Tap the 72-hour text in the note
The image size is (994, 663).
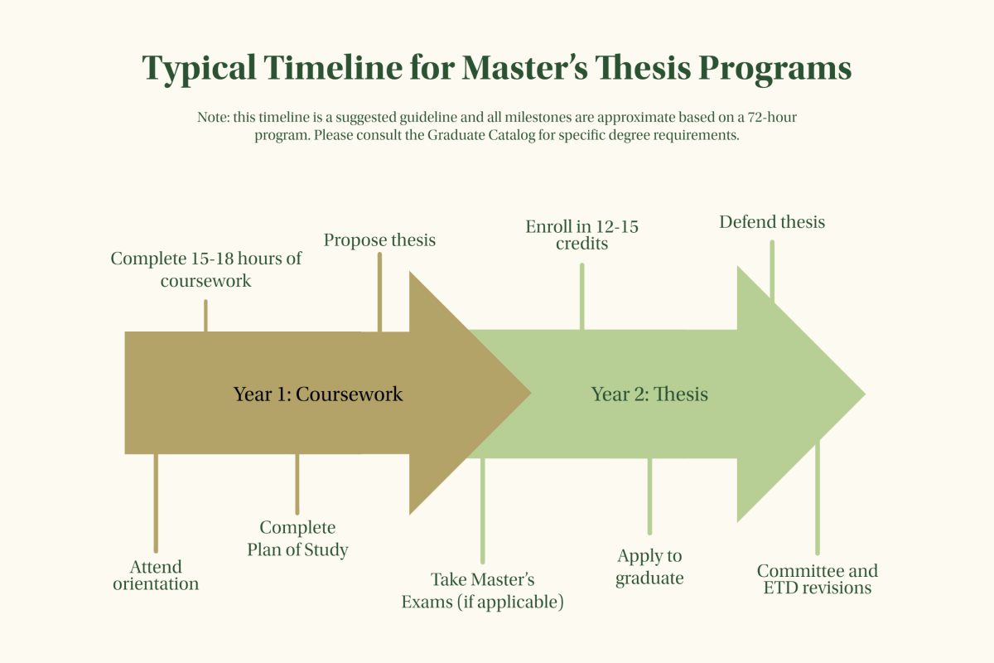pos(772,117)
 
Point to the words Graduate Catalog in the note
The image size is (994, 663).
pos(481,135)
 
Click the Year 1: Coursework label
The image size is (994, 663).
pos(318,394)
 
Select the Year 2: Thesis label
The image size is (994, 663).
pos(649,394)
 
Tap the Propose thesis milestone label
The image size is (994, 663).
pos(379,240)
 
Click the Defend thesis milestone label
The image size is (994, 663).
pos(772,221)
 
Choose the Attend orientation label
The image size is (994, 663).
pos(156,575)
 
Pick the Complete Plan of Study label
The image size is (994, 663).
pos(297,538)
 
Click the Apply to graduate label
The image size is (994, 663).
pos(649,567)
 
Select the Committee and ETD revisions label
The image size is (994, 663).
pos(818,579)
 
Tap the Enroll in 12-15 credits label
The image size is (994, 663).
pos(581,235)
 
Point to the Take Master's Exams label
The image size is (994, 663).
pos(483,591)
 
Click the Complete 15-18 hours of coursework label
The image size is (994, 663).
pos(206,269)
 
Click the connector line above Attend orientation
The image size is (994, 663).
pos(156,503)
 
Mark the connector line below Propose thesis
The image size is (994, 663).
pos(379,293)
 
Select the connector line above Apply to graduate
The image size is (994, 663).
pos(649,496)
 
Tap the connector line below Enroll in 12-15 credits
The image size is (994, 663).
pos(581,297)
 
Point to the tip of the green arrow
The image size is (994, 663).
pos(866,394)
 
